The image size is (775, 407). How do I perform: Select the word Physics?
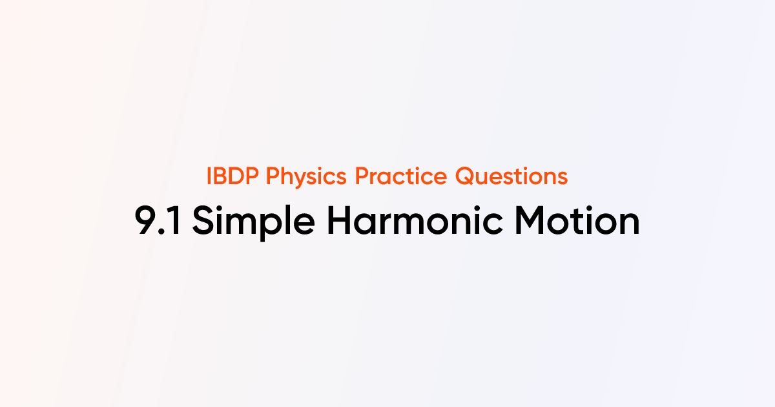click(302, 176)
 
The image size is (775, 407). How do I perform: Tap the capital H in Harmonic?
click(340, 222)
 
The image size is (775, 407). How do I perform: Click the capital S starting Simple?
click(204, 222)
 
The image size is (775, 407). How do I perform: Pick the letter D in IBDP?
click(237, 176)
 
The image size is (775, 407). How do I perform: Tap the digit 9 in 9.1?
click(147, 222)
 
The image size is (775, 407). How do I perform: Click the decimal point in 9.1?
click(163, 233)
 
